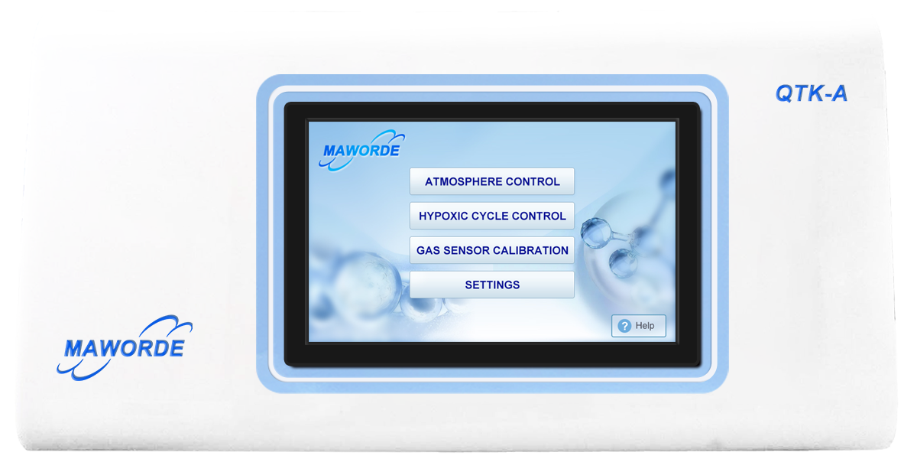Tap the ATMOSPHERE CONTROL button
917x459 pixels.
coord(491,181)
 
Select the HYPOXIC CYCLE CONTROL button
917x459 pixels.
coord(491,216)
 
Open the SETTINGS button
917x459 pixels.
coord(491,285)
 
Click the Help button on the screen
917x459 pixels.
coord(638,326)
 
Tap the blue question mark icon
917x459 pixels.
coord(624,326)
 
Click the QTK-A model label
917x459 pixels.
coord(811,93)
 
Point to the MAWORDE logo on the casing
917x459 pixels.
coord(125,347)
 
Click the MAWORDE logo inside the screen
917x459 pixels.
coord(362,151)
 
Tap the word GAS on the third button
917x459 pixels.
coord(428,250)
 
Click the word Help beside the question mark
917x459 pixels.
coord(645,326)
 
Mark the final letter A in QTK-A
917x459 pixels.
coord(839,93)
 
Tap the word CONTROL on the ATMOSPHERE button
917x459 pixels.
coord(533,181)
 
